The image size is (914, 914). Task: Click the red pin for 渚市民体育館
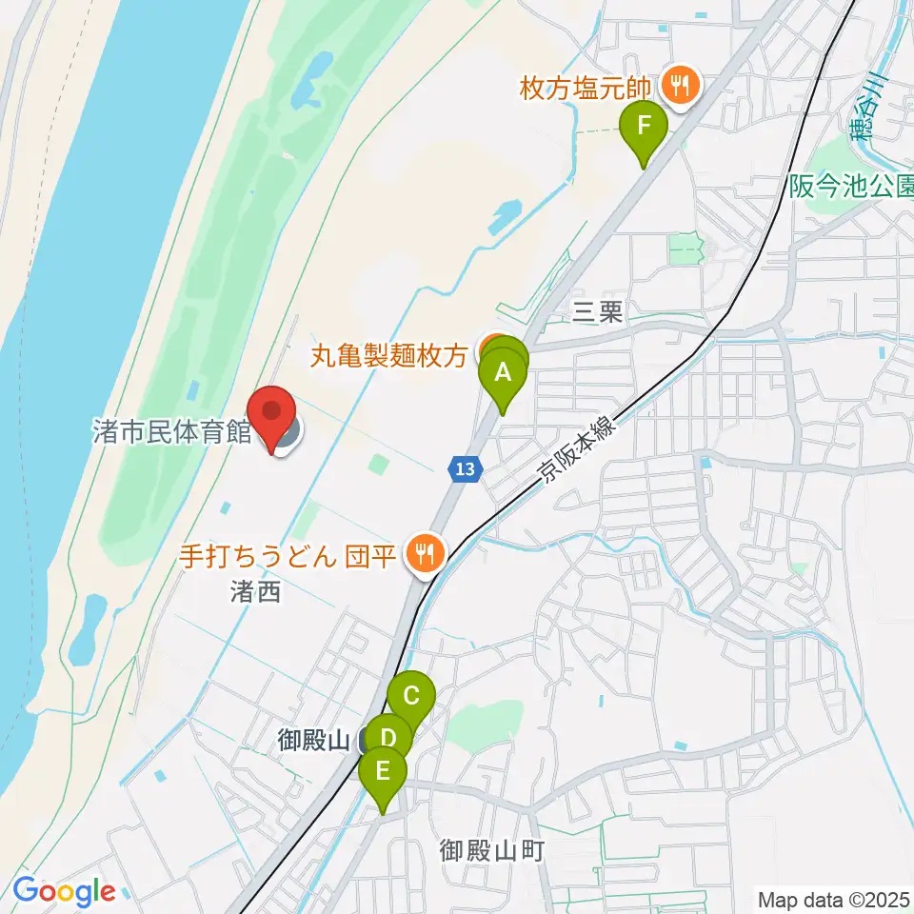tap(274, 415)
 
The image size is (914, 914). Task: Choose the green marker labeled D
tap(387, 739)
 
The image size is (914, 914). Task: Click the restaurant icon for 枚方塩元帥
tap(680, 88)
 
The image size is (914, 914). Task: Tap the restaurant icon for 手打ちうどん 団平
tap(421, 552)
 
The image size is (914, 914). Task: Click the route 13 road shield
tap(463, 467)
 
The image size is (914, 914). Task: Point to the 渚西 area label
tap(255, 592)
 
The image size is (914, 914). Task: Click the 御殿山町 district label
tap(491, 849)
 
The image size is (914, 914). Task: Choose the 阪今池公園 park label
tap(851, 187)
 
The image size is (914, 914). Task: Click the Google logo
tap(64, 891)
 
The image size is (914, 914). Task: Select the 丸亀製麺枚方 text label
tap(390, 356)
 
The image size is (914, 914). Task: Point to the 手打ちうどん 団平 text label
tap(288, 554)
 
